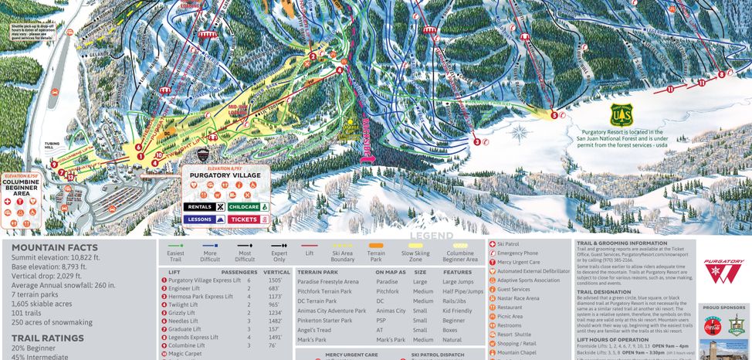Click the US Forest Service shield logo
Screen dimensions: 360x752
pos(621,115)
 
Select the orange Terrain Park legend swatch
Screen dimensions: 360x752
pos(375,245)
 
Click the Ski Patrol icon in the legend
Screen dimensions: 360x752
pos(492,244)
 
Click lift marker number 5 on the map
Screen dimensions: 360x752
pos(554,115)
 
